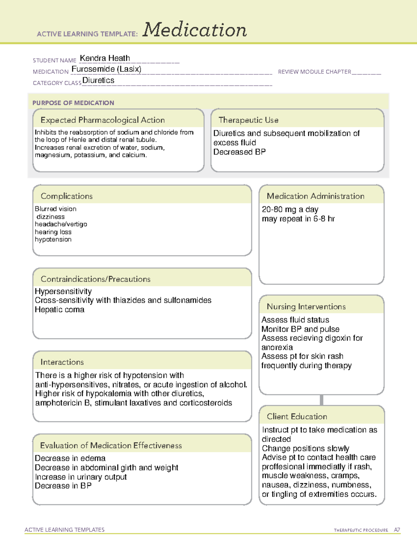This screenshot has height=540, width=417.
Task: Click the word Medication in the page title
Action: coord(195,30)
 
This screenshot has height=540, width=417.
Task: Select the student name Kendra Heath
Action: coord(105,58)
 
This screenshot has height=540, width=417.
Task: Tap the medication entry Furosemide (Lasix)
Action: coord(106,69)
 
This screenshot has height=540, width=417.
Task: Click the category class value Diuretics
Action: coord(98,80)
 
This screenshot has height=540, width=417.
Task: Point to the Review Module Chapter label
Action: coord(314,72)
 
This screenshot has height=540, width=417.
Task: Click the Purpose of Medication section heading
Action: coord(73,103)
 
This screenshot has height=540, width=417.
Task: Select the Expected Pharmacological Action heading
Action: coord(103,120)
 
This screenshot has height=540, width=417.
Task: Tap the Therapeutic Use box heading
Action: coord(248,120)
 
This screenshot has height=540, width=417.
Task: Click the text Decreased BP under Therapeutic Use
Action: coord(239,152)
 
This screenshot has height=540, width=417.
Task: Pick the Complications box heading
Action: coord(66,196)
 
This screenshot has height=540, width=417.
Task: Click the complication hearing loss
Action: coord(53,232)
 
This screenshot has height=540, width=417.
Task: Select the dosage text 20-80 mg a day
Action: coord(290,209)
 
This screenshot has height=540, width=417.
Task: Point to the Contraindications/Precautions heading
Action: coord(96,279)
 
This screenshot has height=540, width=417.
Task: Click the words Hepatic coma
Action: coord(59,309)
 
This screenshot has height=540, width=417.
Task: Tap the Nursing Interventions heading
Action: coord(306,307)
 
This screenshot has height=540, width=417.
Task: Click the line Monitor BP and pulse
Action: coord(300,329)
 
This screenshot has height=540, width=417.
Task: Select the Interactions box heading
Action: coord(62,362)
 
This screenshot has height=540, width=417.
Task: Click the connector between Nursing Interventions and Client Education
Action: coord(321,400)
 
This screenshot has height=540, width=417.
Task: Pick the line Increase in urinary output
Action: coord(81,477)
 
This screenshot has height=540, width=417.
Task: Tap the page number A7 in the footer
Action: coord(397,530)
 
